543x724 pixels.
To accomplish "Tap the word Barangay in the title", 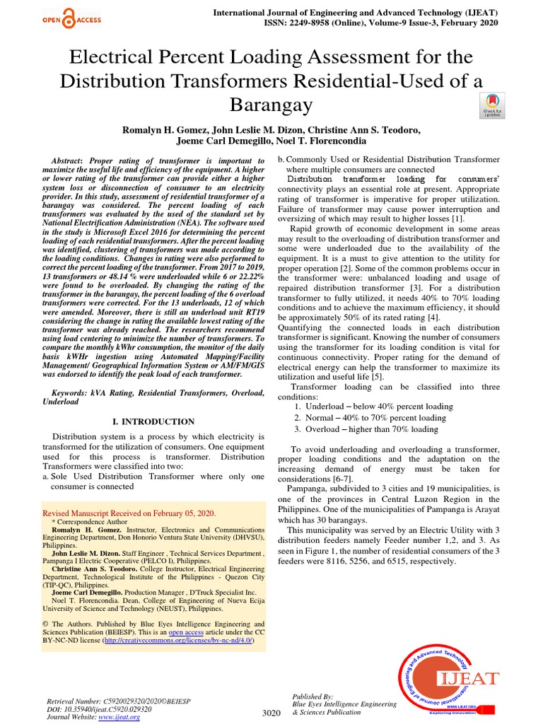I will pos(271,105).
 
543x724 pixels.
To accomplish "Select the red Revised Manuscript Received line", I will pos(129,513).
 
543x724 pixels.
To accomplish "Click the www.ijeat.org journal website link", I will pos(119,717).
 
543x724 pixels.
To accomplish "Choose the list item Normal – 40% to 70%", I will pos(370,418).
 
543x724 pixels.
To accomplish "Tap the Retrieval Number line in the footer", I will pos(115,699).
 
